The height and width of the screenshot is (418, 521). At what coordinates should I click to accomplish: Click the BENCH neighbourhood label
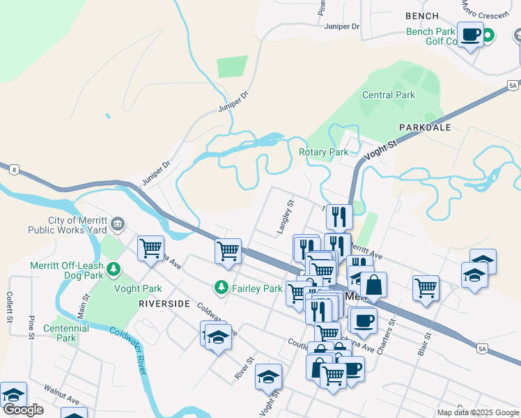[422, 16]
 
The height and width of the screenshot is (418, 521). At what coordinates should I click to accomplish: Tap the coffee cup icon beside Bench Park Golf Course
[470, 34]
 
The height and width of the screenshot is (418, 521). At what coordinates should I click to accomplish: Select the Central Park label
[388, 95]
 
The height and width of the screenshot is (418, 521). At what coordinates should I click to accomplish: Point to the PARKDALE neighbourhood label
[425, 127]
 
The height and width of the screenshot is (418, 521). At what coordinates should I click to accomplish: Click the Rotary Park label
[323, 152]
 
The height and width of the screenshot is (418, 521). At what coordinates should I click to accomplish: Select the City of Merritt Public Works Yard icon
[118, 224]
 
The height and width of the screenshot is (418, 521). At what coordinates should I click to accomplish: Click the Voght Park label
[140, 288]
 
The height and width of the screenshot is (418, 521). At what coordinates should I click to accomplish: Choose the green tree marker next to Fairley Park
[221, 288]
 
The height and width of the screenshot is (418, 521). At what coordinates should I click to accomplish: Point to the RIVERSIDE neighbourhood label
[164, 304]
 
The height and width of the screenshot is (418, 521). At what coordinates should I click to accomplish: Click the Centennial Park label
[59, 333]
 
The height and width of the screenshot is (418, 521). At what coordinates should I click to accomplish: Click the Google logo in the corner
[23, 410]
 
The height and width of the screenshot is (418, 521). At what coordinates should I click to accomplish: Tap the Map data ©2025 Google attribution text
[477, 412]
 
